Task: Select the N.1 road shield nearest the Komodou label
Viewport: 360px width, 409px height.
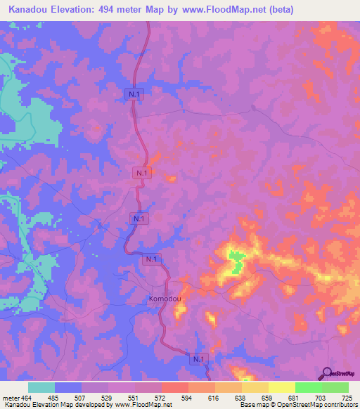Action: point(150,260)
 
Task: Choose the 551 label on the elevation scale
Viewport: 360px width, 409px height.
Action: point(134,398)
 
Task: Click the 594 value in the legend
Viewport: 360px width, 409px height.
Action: point(186,398)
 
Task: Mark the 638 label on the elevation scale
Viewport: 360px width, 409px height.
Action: point(239,398)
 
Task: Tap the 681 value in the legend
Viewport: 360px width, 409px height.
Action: point(292,398)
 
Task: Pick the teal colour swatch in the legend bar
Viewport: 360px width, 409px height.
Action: point(41,387)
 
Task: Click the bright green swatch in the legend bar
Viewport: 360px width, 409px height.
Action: point(308,387)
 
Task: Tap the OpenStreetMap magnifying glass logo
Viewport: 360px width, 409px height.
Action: point(326,373)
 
